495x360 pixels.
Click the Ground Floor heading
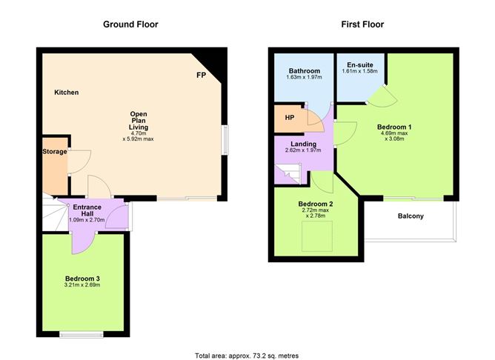coord(130,24)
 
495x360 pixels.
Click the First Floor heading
coord(362,24)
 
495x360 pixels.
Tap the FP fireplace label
coord(201,76)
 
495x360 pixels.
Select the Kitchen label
coord(66,93)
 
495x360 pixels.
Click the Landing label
coord(304,144)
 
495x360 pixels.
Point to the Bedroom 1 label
coord(394,127)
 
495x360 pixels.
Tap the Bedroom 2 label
coord(316,204)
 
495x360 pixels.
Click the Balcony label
coord(411,216)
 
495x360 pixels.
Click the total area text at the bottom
coord(247,355)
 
